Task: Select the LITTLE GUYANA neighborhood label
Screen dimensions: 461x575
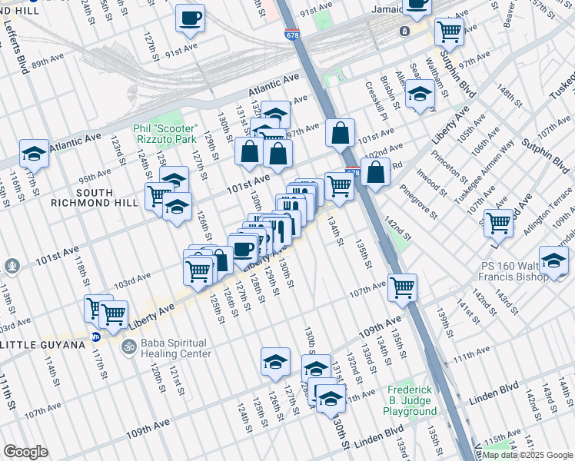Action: pyautogui.click(x=42, y=345)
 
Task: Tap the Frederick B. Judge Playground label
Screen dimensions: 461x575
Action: pyautogui.click(x=411, y=400)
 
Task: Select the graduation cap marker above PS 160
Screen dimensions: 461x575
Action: pyautogui.click(x=553, y=260)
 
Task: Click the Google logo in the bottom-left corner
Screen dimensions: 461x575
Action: pyautogui.click(x=25, y=451)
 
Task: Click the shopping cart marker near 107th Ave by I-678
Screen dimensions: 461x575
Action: pyautogui.click(x=402, y=287)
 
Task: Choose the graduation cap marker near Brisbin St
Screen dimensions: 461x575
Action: pyautogui.click(x=420, y=95)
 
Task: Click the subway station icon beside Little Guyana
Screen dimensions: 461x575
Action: pyautogui.click(x=96, y=337)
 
